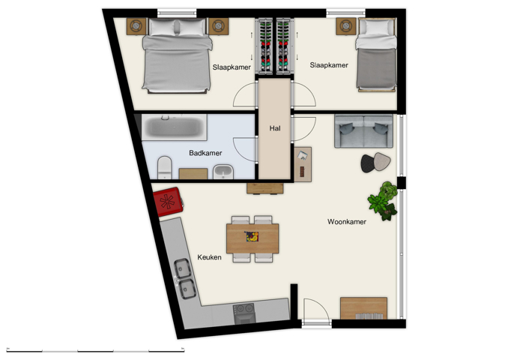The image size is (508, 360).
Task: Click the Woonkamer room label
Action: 347,222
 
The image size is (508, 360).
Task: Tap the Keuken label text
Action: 209,257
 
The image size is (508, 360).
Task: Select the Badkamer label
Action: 205,153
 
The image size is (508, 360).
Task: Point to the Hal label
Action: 274,128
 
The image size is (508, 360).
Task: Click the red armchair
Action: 167,201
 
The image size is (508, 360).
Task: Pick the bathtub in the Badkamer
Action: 174,127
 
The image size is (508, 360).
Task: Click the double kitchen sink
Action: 184,277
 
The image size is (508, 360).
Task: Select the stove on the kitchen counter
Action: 245,313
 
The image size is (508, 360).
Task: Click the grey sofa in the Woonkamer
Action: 363,131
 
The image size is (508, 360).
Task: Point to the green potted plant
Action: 383,199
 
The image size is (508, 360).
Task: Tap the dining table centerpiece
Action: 253,237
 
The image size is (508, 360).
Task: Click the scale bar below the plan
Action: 95,350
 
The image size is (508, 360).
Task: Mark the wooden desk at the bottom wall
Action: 364,308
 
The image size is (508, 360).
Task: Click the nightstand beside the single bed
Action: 345,25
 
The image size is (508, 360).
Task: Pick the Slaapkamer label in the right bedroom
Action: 329,65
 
